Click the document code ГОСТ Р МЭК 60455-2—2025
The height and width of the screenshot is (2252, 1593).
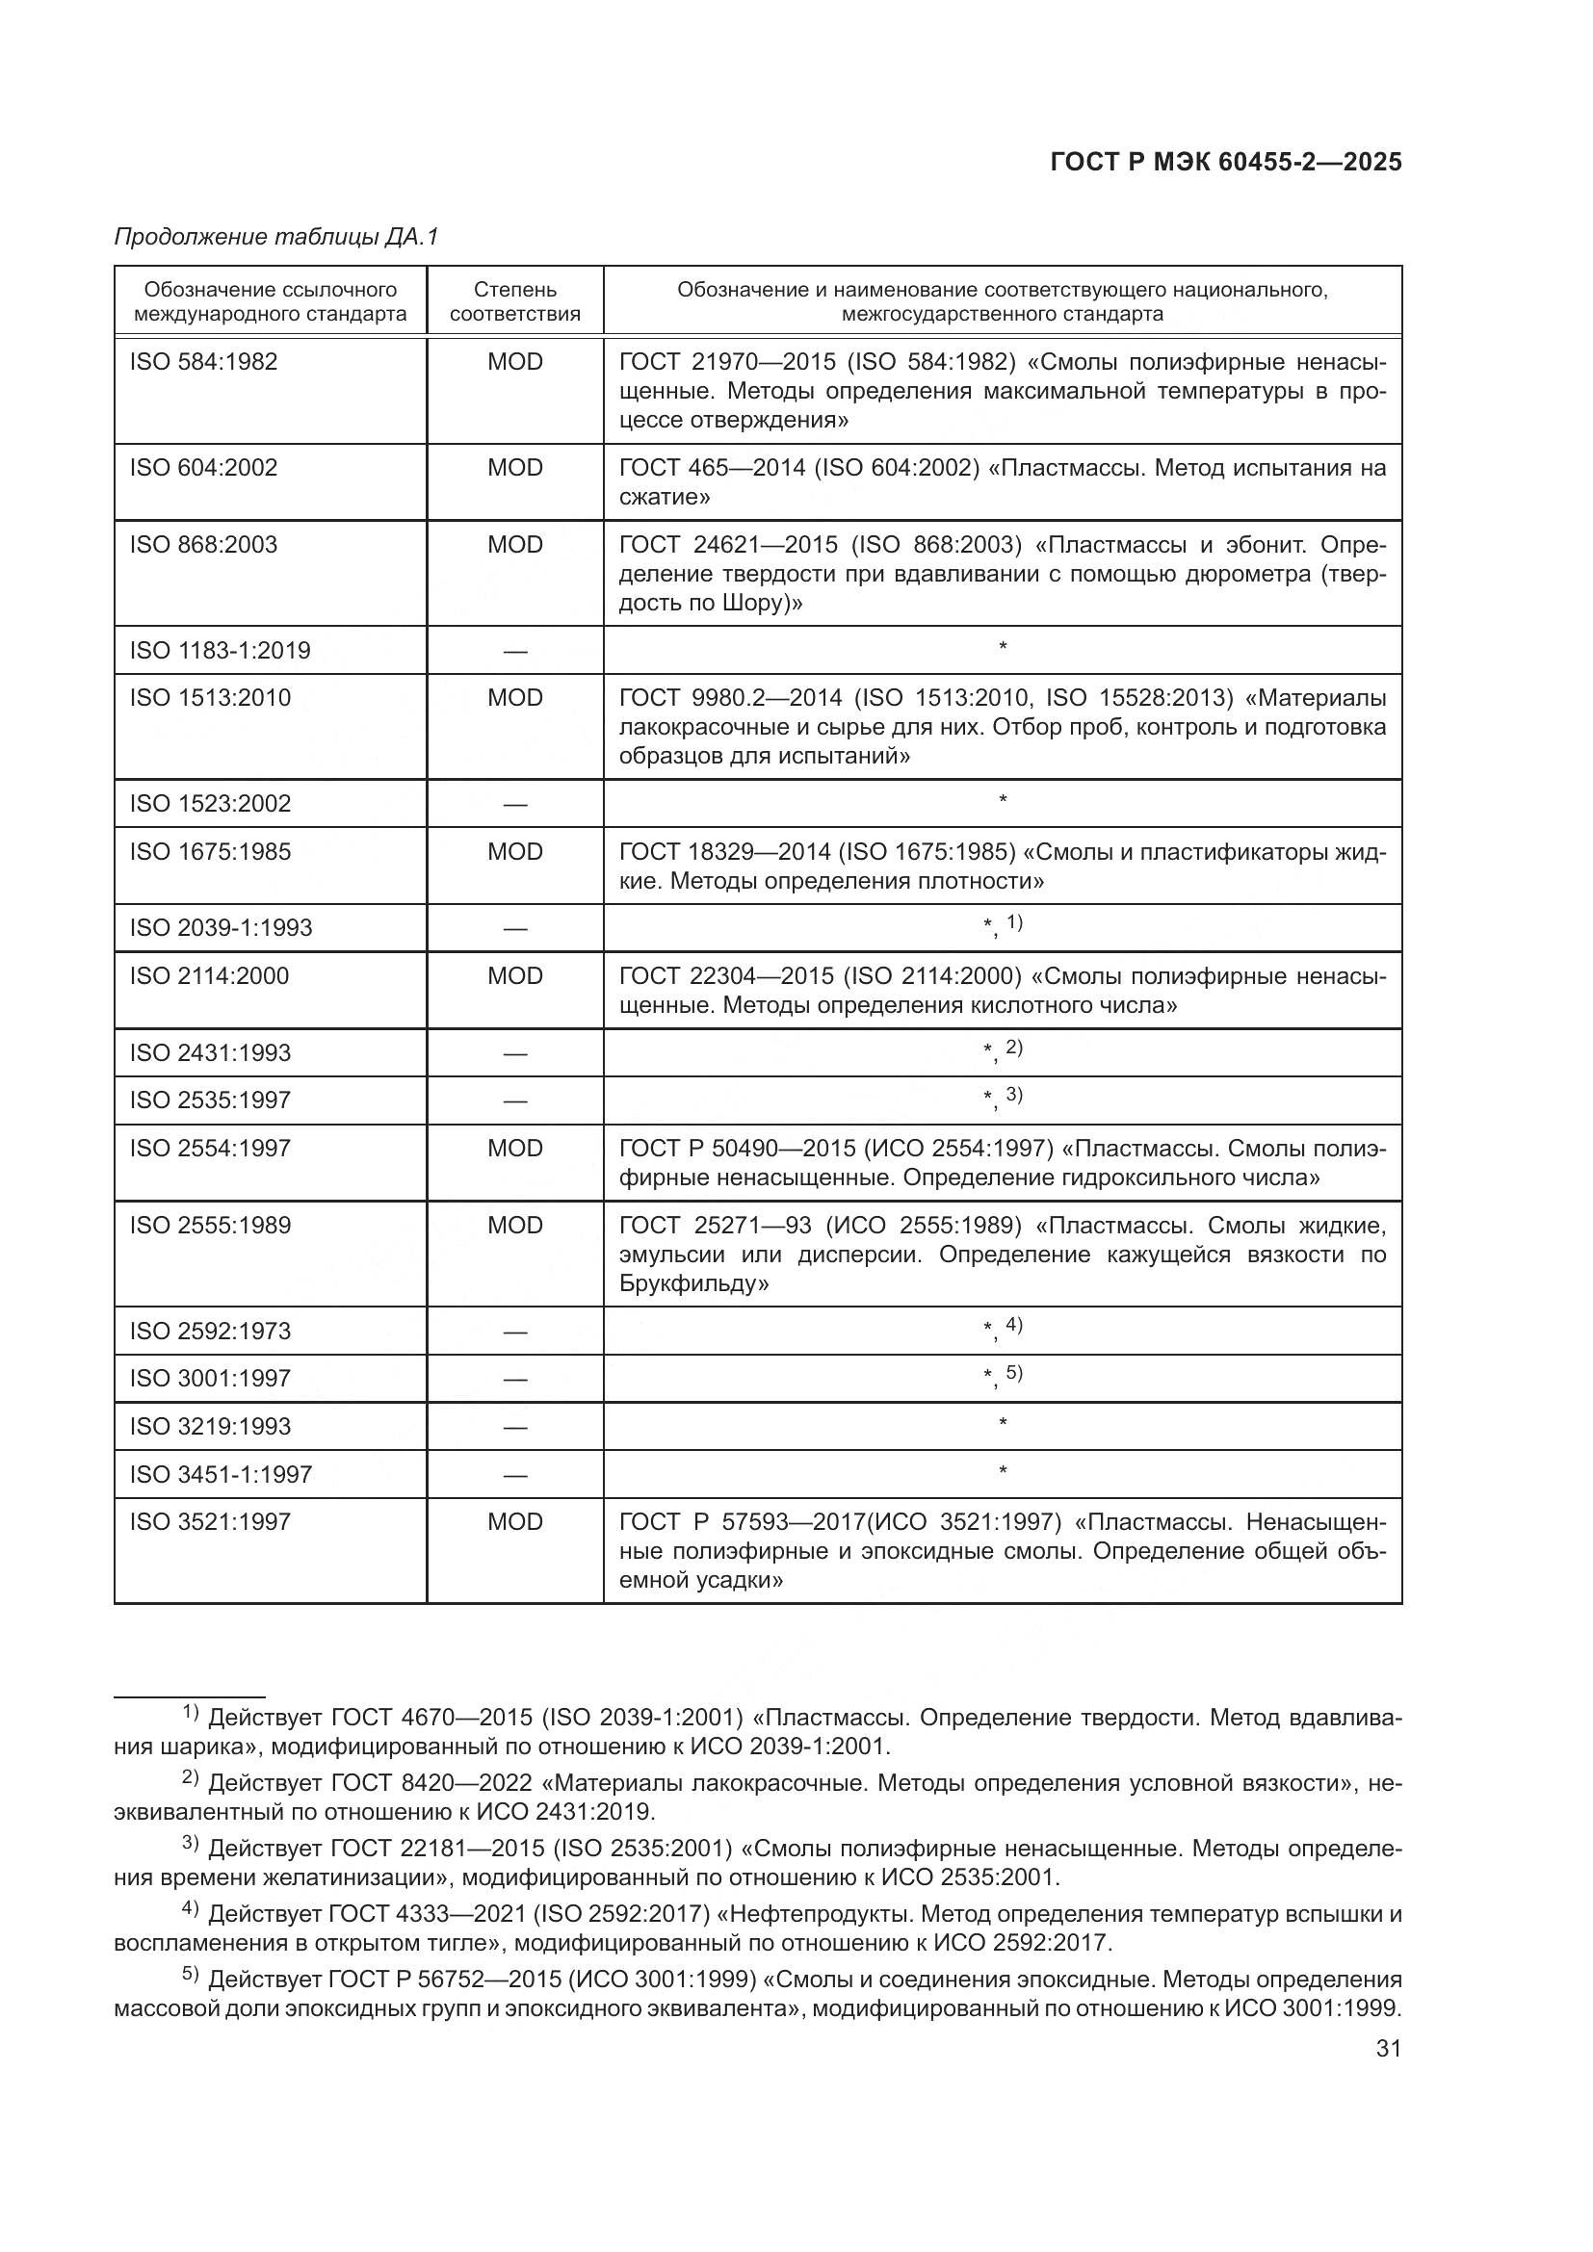pos(1225,163)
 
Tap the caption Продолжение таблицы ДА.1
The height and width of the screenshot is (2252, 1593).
pos(276,237)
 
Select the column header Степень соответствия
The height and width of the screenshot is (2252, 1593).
pos(515,301)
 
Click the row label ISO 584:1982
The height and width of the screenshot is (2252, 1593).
pos(204,362)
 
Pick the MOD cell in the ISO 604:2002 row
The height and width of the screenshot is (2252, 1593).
pos(515,468)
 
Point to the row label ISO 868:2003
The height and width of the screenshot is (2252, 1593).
pos(204,544)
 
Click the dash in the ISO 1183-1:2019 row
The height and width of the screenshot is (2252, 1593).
pos(515,651)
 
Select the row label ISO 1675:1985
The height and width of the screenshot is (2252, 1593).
pos(210,851)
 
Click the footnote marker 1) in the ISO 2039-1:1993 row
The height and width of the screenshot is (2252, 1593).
pos(1014,923)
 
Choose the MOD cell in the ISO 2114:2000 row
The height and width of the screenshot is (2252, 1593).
pos(515,976)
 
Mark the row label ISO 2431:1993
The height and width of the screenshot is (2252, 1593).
pos(210,1052)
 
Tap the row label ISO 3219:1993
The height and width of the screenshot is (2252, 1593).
pos(210,1426)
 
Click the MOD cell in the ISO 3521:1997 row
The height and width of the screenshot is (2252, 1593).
pos(515,1521)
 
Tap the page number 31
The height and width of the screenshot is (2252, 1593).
pos(1388,2049)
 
